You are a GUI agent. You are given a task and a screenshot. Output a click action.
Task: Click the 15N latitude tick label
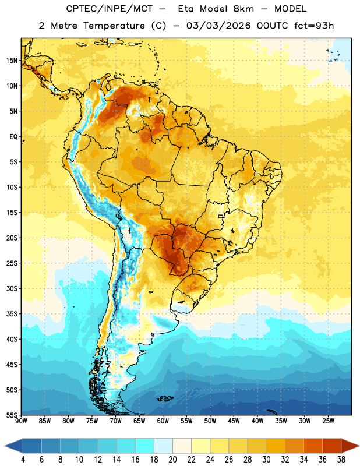(x=12, y=61)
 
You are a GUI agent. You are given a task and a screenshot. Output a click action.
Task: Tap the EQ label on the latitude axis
(x=13, y=137)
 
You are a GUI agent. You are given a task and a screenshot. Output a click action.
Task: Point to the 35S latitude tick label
(x=12, y=314)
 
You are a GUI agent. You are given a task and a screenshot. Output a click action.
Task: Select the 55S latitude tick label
(x=12, y=415)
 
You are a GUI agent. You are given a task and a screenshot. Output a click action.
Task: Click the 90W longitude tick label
(x=21, y=421)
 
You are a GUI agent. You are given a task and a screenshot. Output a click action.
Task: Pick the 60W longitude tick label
(x=163, y=421)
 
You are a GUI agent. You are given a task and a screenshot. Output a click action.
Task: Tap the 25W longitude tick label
(x=328, y=421)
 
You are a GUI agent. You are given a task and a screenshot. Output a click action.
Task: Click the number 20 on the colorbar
(x=172, y=460)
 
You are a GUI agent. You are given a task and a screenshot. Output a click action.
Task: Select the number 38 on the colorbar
(x=341, y=460)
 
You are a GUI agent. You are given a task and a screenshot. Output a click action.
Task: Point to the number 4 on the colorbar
(x=23, y=460)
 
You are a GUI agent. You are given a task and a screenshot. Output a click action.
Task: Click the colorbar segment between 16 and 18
(x=145, y=446)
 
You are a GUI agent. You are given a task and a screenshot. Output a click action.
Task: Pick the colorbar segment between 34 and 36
(x=313, y=446)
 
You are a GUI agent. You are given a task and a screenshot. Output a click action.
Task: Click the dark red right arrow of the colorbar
(x=350, y=446)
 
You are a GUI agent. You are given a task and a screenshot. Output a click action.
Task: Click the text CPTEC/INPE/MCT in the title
(x=109, y=9)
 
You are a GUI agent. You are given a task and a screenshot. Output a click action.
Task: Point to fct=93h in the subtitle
(x=314, y=26)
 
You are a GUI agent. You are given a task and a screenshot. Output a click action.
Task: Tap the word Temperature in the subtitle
(x=114, y=26)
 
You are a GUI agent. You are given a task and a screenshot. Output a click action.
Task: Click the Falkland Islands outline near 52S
(x=165, y=398)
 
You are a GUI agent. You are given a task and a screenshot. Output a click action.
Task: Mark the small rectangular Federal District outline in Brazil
(x=221, y=216)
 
